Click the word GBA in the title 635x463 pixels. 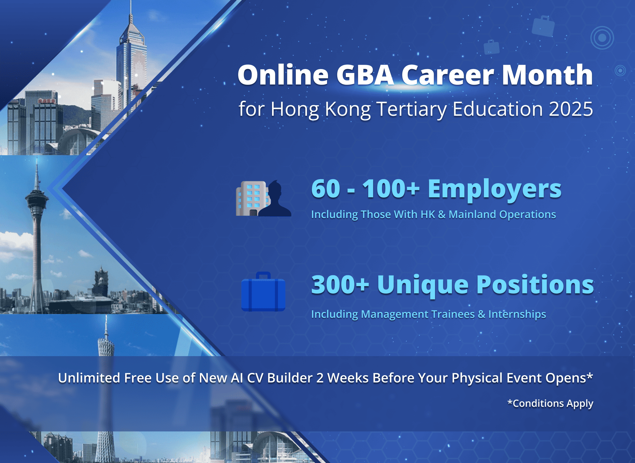click(365, 75)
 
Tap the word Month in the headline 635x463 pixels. click(547, 75)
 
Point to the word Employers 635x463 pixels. click(495, 190)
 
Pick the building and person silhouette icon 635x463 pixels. click(263, 198)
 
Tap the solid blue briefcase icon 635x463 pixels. click(263, 292)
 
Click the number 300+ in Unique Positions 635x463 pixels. click(340, 284)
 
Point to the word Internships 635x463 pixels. click(517, 314)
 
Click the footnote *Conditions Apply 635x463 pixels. click(550, 403)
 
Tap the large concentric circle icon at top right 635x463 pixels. click(602, 38)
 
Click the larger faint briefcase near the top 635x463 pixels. click(543, 26)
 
